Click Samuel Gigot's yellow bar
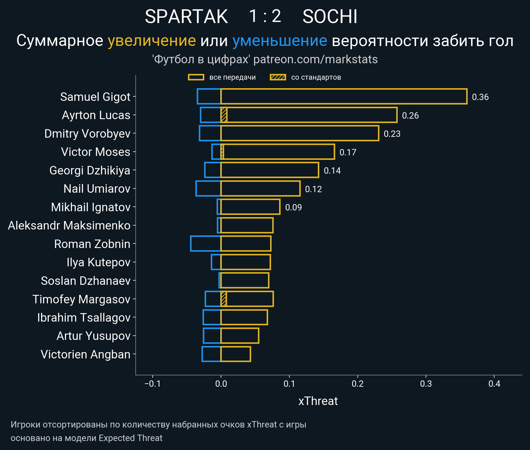tap(344, 97)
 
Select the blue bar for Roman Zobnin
tap(206, 244)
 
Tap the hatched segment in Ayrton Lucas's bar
tap(224, 115)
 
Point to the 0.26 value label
tap(410, 116)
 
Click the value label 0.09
tap(293, 208)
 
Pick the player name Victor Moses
tap(96, 152)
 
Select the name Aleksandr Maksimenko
tap(69, 226)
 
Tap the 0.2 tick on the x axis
tap(357, 384)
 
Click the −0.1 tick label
tap(153, 384)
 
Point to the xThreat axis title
tap(318, 401)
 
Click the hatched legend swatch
tap(278, 77)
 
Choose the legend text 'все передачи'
tap(232, 77)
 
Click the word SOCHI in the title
tap(330, 16)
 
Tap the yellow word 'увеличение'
tap(152, 41)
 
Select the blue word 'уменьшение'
tap(280, 41)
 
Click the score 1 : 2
tap(265, 16)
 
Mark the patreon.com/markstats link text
tap(315, 59)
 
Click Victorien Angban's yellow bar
tap(236, 354)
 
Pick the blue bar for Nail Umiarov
tap(208, 188)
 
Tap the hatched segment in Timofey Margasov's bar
tap(224, 299)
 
